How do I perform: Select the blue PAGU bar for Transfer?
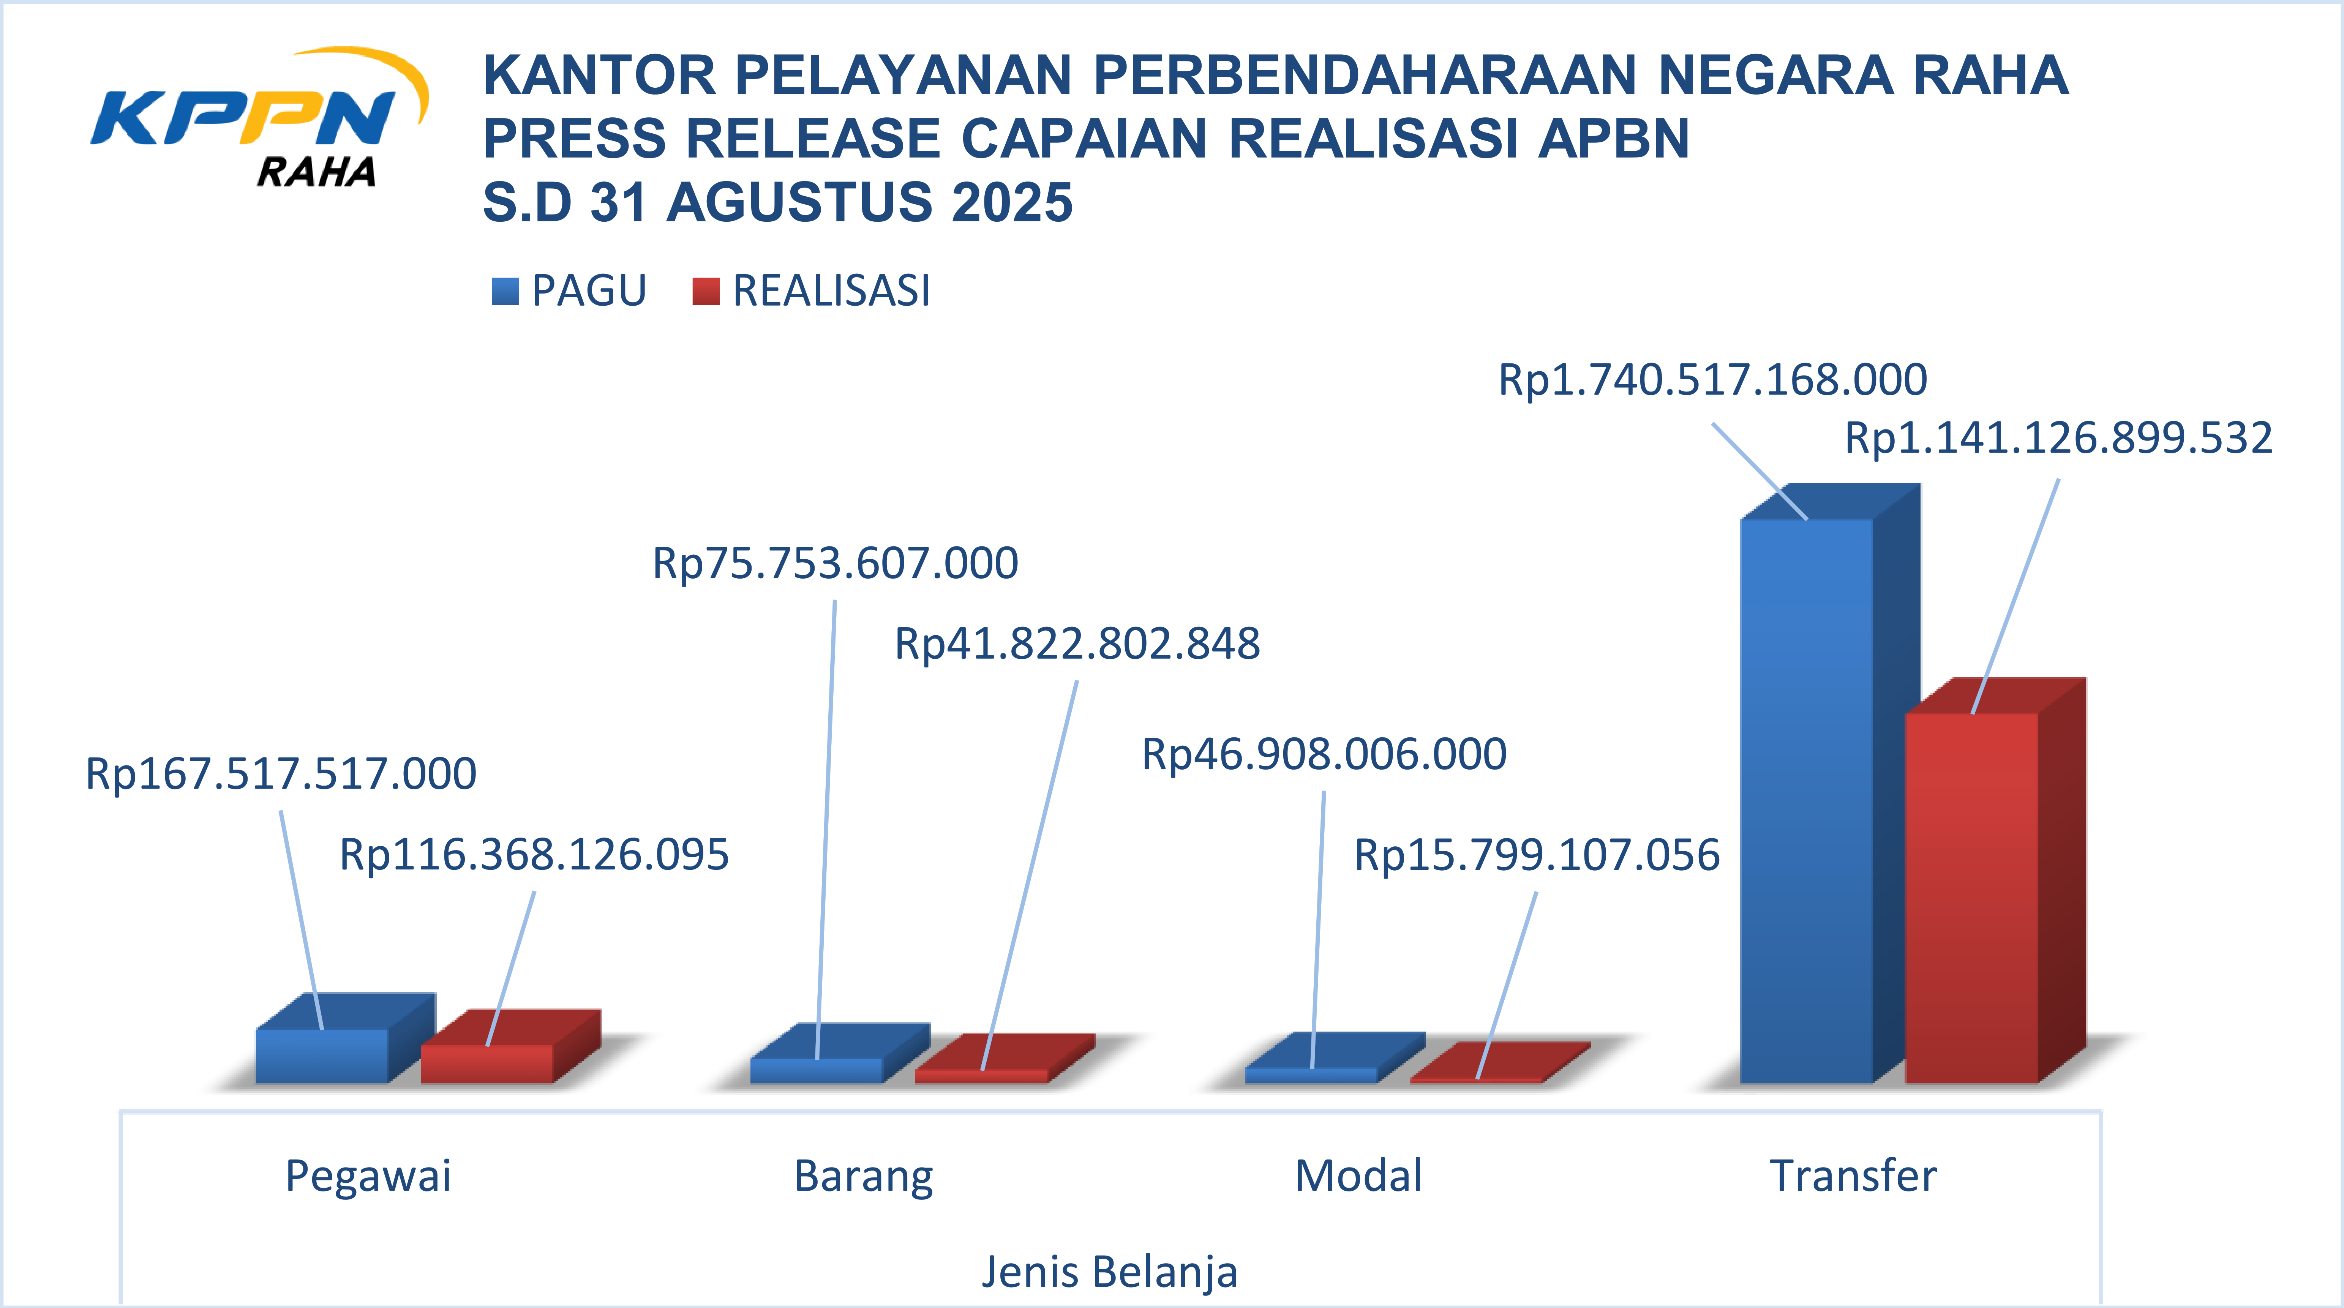point(1806,800)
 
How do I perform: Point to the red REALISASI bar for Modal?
point(1476,1080)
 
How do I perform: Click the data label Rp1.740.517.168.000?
point(1712,379)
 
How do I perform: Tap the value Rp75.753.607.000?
point(835,563)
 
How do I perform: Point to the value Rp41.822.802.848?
point(1077,644)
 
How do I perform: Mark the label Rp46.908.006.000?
point(1324,754)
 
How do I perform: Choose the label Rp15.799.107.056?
point(1537,855)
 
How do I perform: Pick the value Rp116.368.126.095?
point(534,855)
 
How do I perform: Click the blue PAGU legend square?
point(505,291)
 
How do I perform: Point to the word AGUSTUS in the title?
point(799,202)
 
